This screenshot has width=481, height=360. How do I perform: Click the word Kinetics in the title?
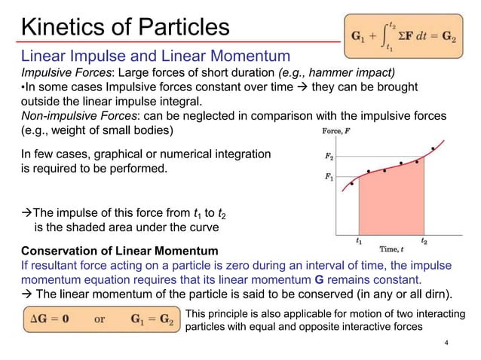click(66, 27)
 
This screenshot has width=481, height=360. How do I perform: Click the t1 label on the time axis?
click(358, 242)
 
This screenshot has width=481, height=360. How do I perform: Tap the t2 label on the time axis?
click(424, 242)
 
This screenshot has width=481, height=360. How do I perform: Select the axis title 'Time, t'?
click(394, 249)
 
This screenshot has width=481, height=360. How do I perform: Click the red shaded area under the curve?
click(392, 203)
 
